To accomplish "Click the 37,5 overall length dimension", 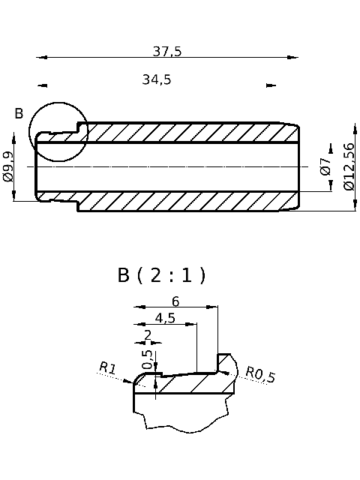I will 167,51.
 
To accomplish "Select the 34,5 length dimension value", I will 157,79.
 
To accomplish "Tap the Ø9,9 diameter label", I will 8,166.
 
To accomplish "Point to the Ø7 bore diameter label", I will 325,166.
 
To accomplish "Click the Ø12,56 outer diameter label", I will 349,166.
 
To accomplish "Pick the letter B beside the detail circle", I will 19,113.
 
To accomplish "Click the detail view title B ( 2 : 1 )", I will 161,275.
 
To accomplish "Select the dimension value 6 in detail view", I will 175,301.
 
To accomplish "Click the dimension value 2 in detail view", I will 147,334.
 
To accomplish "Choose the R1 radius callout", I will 107,367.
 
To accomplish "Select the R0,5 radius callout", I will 260,374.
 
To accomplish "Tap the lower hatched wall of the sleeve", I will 187,201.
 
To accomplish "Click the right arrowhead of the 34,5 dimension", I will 271,85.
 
